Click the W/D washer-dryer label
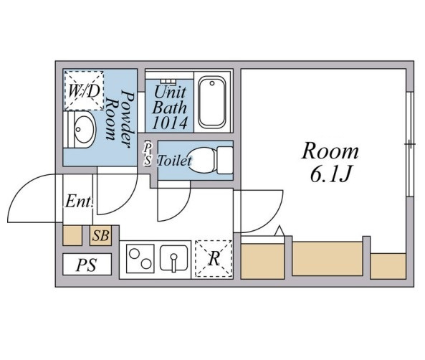pos(84,91)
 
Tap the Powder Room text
pos(120,118)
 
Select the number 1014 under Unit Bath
pos(170,123)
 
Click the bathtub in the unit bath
pos(212,103)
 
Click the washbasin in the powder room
pos(82,129)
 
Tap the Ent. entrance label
pos(79,202)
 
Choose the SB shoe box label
pos(101,235)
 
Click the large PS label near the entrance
pos(87,265)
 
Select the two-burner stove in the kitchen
pos(140,258)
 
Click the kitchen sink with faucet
pos(173,258)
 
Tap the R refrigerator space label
pos(214,259)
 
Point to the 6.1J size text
pos(331,174)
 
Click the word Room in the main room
pos(330,151)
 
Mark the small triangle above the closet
pos(280,230)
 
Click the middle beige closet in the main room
pos(328,259)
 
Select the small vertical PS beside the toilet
pos(148,153)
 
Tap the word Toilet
pos(175,161)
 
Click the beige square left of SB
pos(72,235)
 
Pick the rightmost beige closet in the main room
pos(388,266)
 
